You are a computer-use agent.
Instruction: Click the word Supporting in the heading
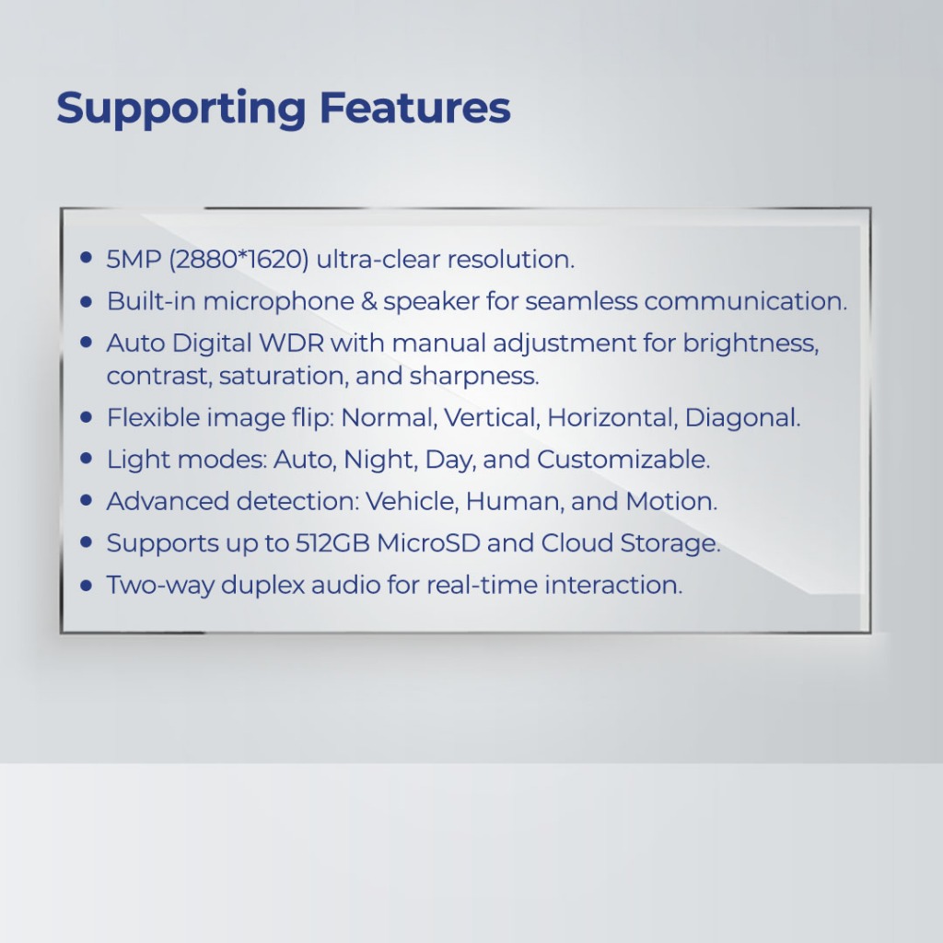[181, 109]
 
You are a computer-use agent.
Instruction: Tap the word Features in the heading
[415, 107]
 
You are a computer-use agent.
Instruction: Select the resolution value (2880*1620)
[239, 259]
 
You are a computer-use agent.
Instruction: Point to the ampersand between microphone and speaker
[368, 301]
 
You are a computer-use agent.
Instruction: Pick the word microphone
[278, 301]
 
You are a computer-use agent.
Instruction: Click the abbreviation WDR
[292, 343]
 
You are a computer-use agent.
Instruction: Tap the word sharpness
[474, 377]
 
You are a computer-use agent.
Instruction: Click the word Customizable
[623, 460]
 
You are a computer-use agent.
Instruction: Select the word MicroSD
[428, 543]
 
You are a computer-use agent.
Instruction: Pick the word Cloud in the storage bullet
[577, 543]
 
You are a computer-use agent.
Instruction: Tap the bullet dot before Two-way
[86, 585]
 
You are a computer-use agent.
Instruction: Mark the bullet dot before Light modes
[86, 459]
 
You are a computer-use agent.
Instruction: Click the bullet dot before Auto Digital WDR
[86, 343]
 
